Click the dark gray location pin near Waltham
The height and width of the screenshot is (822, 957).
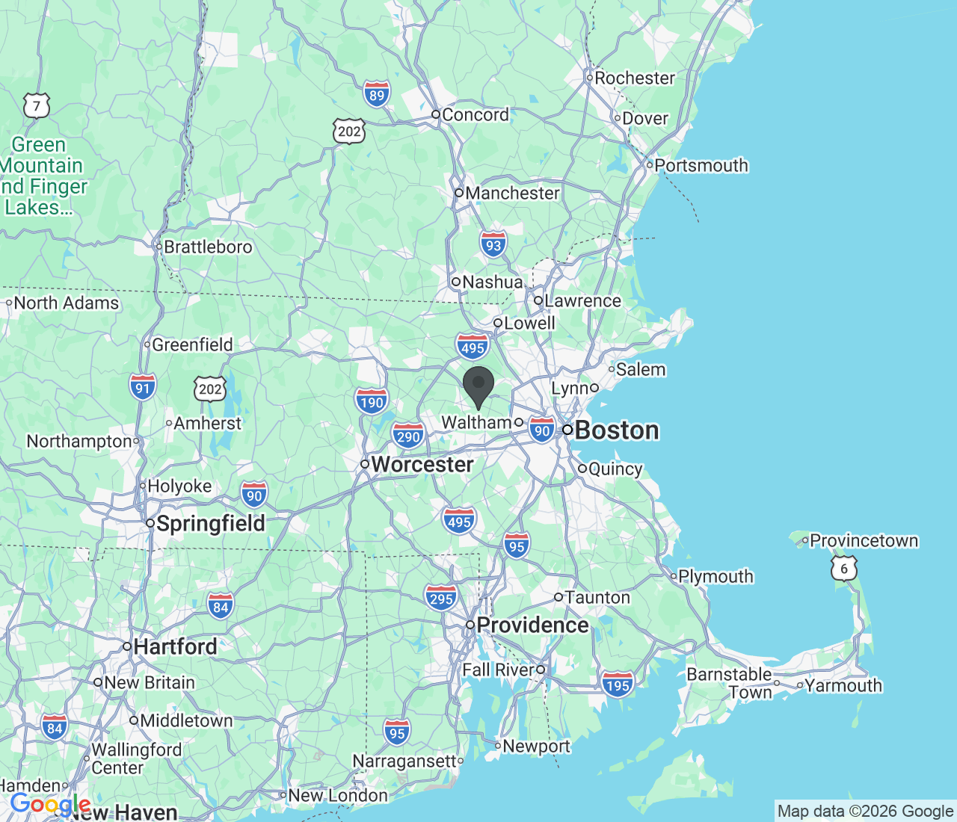pyautogui.click(x=478, y=386)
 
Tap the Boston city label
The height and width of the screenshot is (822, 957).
pyautogui.click(x=617, y=430)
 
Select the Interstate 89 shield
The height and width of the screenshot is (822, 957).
pyautogui.click(x=377, y=95)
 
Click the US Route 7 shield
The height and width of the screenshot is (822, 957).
pyautogui.click(x=36, y=106)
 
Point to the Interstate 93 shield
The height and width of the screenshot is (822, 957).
pyautogui.click(x=493, y=245)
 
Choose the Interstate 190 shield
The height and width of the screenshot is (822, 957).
pyautogui.click(x=372, y=402)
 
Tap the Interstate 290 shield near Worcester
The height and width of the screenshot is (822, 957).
pyautogui.click(x=408, y=436)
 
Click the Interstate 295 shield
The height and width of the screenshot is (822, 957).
pyautogui.click(x=441, y=598)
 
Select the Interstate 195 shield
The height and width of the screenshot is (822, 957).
pyautogui.click(x=618, y=685)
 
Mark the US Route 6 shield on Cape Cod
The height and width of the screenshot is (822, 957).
pyautogui.click(x=844, y=569)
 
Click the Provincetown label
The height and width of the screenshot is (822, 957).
pyautogui.click(x=864, y=540)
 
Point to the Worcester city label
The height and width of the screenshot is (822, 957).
pyautogui.click(x=422, y=465)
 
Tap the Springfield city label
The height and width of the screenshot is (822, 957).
pyautogui.click(x=210, y=523)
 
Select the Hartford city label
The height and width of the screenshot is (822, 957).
pyautogui.click(x=175, y=646)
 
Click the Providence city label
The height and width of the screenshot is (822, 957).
pyautogui.click(x=532, y=625)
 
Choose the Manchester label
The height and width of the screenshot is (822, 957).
pyautogui.click(x=512, y=193)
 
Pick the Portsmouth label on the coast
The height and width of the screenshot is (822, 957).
pyautogui.click(x=701, y=165)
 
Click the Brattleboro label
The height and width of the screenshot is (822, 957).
pyautogui.click(x=208, y=247)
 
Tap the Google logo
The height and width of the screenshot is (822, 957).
pyautogui.click(x=50, y=805)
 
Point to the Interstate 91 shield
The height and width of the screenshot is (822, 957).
pyautogui.click(x=143, y=387)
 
